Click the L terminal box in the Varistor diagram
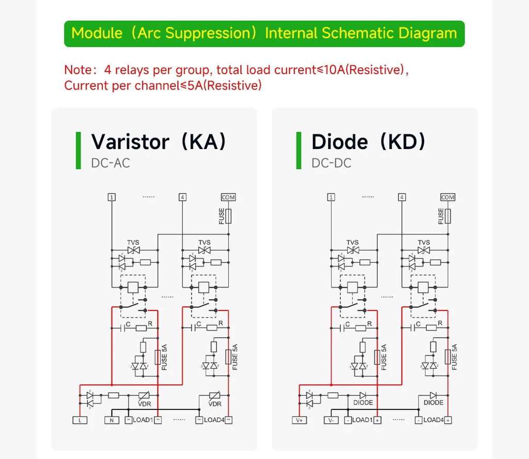[x=80, y=420]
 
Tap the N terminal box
[x=112, y=420]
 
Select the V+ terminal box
[x=299, y=420]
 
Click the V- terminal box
[x=331, y=420]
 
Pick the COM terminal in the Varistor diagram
[x=228, y=197]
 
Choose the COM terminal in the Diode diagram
[x=448, y=197]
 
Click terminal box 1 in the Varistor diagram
[x=112, y=197]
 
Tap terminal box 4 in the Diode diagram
[x=402, y=197]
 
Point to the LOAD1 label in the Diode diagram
[x=362, y=420]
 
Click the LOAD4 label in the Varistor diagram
[x=214, y=420]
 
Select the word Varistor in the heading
[x=130, y=142]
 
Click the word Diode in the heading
[x=340, y=142]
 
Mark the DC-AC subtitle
[x=111, y=163]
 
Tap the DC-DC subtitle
[x=331, y=163]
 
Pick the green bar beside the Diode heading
[x=299, y=151]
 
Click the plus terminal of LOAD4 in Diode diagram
[x=448, y=420]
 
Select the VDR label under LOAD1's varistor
[x=145, y=404]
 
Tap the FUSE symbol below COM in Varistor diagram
[x=228, y=216]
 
